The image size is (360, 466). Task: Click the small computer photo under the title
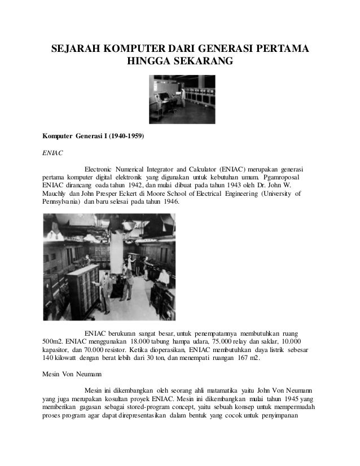pyautogui.click(x=179, y=99)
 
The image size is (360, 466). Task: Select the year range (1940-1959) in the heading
pyautogui.click(x=125, y=136)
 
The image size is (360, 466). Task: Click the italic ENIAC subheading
pyautogui.click(x=52, y=152)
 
